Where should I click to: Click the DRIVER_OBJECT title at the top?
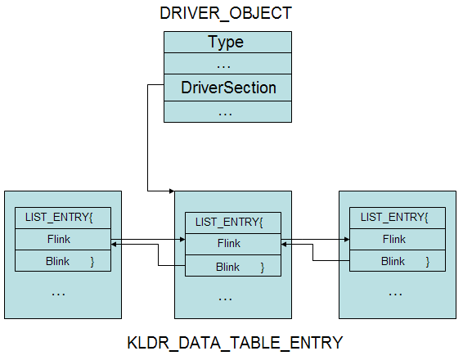coord(226,13)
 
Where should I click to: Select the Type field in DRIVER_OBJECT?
coord(227,43)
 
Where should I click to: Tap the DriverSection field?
coord(227,88)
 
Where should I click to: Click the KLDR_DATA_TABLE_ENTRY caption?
coord(235,343)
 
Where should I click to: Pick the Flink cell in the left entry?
coord(63,239)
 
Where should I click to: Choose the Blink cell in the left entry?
coord(63,261)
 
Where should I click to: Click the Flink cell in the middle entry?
coord(233,244)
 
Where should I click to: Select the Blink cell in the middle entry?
coord(233,266)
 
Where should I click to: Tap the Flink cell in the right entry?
coord(398,239)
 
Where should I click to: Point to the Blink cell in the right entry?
coord(398,261)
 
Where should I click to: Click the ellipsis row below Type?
coord(227,64)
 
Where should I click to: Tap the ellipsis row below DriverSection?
coord(227,111)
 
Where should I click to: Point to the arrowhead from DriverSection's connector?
coord(172,191)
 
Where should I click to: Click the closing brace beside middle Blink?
coord(263,268)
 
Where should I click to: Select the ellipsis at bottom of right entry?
coord(395,295)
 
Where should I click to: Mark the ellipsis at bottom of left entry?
coord(58,295)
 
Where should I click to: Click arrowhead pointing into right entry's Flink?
coord(347,239)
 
